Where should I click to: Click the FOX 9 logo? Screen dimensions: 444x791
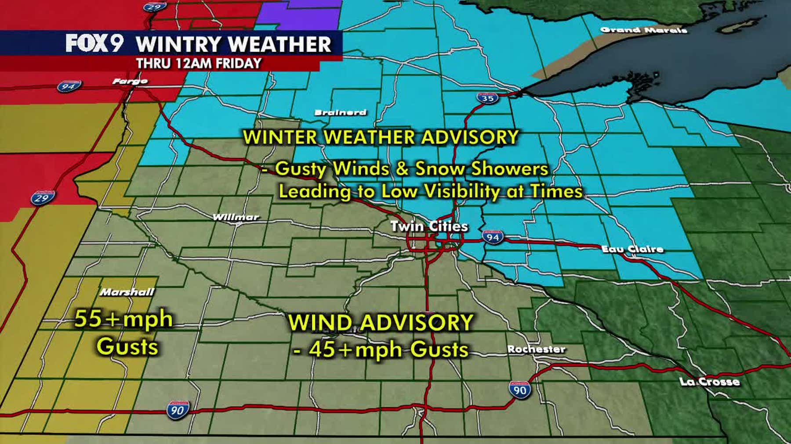pyautogui.click(x=94, y=43)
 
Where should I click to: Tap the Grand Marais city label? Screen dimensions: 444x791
pyautogui.click(x=643, y=30)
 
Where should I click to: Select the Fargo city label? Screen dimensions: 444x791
pyautogui.click(x=130, y=81)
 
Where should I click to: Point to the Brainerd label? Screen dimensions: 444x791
pyautogui.click(x=340, y=112)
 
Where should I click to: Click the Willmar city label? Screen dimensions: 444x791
pyautogui.click(x=236, y=217)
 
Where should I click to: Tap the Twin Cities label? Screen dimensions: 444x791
pyautogui.click(x=429, y=226)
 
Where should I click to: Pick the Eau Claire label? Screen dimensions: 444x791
pyautogui.click(x=632, y=249)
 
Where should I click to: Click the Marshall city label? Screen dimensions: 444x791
pyautogui.click(x=127, y=292)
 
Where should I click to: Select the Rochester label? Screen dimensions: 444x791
pyautogui.click(x=536, y=349)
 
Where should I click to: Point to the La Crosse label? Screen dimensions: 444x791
pyautogui.click(x=710, y=382)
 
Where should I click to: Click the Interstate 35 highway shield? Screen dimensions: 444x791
pyautogui.click(x=488, y=98)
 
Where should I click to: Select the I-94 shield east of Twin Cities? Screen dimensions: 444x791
pyautogui.click(x=493, y=237)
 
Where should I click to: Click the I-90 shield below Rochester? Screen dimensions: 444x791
pyautogui.click(x=520, y=390)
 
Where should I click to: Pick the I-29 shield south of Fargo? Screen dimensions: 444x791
pyautogui.click(x=43, y=198)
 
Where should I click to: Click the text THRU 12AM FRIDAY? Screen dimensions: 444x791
pyautogui.click(x=199, y=64)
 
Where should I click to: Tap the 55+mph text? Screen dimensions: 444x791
pyautogui.click(x=123, y=319)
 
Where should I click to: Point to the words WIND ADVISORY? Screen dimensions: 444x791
pyautogui.click(x=381, y=323)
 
